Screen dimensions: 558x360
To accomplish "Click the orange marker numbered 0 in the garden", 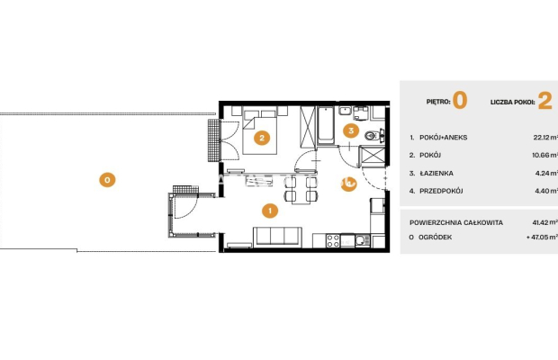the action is coord(107,180).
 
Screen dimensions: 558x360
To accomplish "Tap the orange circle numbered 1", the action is coord(270,211).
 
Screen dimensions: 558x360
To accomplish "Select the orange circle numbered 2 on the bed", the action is coord(262,138).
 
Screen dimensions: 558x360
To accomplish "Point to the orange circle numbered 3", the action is coord(351,130).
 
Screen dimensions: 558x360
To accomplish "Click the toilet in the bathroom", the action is coord(373,135).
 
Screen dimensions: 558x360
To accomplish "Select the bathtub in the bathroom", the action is coord(326,125).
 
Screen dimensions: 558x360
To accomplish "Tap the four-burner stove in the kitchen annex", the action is coord(333,240).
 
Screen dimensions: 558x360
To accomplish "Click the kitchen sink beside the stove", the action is coord(363,240).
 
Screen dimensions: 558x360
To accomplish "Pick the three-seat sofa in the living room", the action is coord(277,236).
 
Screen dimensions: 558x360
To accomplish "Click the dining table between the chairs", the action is coord(301,189).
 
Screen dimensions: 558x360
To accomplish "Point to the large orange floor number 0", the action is coord(460,100).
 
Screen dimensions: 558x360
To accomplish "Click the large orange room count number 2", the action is coord(544,101).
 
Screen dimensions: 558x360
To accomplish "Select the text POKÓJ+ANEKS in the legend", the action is coord(443,138).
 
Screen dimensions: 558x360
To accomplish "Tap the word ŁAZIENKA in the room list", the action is coord(436,173).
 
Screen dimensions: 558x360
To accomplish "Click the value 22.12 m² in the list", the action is coord(545,138).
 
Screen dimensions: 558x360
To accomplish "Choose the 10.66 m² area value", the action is coord(544,155).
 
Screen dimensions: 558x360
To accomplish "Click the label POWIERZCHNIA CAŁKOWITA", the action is coord(456,222).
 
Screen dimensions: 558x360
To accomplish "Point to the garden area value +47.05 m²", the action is coord(542,237).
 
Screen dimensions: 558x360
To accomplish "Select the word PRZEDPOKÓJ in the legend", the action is coord(441,191).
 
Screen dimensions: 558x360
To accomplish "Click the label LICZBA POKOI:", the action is coord(512,102).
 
